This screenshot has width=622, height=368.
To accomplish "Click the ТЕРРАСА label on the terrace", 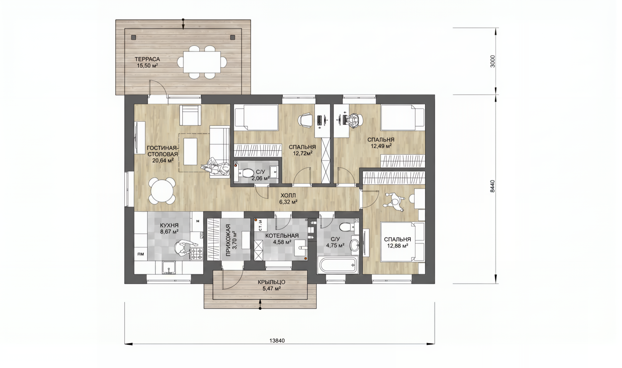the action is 147,59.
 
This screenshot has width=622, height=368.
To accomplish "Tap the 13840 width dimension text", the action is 277,341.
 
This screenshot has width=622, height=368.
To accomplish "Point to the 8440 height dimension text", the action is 492,186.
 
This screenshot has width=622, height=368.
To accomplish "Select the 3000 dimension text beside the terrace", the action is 492,61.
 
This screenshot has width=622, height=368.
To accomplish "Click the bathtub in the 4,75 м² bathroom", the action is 338,265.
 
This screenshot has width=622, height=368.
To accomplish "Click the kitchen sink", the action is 168,268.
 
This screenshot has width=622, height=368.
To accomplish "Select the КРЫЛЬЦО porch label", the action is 271,282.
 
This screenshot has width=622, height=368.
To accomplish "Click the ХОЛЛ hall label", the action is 288,196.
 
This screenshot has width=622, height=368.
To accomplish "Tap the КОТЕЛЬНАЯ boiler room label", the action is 282,236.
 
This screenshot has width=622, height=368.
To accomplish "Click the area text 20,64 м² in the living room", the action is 163,160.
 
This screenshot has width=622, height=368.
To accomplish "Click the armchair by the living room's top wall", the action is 190,115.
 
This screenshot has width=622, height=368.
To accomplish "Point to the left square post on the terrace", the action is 133,38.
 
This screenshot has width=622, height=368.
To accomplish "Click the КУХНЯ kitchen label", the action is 169,225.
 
